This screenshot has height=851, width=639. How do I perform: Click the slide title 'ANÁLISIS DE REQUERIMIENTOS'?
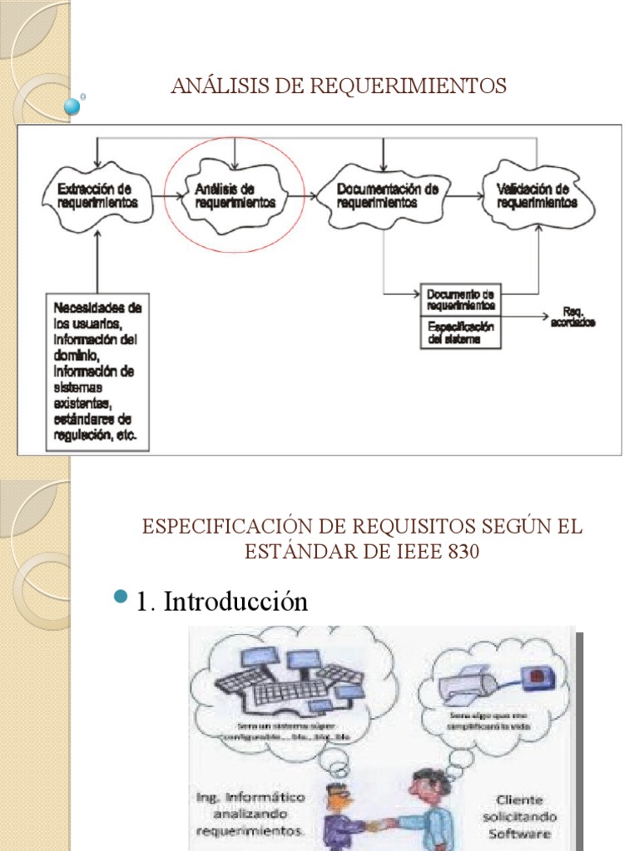(338, 86)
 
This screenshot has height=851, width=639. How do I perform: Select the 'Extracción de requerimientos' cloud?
(98, 196)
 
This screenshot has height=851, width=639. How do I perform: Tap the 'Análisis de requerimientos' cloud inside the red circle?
(235, 196)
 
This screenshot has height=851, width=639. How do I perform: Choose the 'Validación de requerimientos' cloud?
(537, 196)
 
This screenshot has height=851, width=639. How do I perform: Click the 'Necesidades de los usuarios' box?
(97, 371)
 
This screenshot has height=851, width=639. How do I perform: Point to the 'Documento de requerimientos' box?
(461, 299)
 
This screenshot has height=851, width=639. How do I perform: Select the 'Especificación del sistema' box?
(461, 332)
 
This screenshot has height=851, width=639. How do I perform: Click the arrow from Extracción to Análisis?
(168, 197)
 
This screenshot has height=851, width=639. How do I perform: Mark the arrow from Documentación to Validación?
(468, 197)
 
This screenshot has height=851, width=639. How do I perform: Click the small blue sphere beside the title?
(73, 106)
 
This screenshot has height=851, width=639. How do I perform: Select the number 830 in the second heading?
(462, 552)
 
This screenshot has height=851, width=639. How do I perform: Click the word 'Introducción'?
(235, 602)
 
